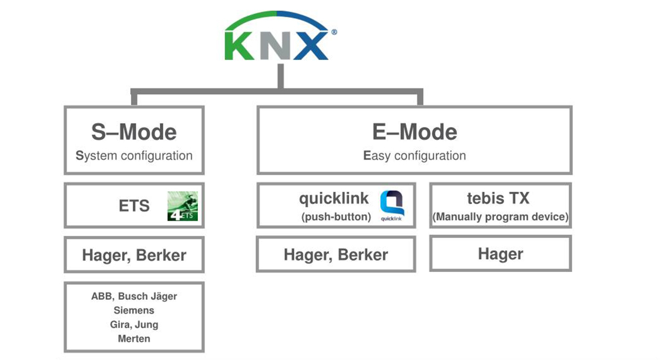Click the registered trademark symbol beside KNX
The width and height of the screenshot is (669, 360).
pos(333,32)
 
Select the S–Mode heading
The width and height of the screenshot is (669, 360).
pos(134,133)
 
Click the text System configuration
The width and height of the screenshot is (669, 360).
pos(134,156)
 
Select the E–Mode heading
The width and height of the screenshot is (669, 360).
pos(414,133)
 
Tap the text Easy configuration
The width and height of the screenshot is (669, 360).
pos(414,156)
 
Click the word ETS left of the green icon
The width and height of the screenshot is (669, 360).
pos(134,206)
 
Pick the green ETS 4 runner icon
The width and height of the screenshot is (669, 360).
pos(183,206)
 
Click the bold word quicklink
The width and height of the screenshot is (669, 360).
pos(334,198)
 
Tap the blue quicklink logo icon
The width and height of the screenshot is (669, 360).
pos(392,205)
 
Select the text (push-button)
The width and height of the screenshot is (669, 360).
pos(336,217)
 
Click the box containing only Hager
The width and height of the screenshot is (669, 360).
pos(500,254)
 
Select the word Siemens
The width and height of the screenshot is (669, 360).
pos(134,310)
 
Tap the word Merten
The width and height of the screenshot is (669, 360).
pos(134,338)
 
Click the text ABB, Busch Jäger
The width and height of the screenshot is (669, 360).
pos(134,296)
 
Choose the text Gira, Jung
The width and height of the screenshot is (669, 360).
pos(134,324)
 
